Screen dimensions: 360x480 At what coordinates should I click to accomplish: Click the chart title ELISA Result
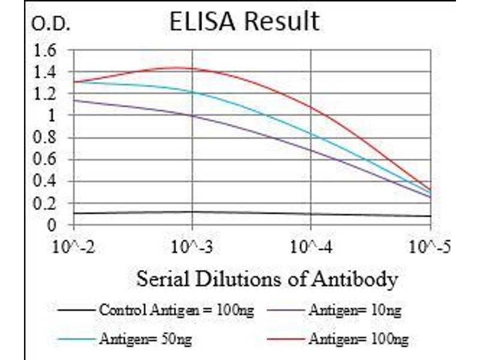(244, 22)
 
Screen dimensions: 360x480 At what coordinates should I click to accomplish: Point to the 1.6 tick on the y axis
(46, 50)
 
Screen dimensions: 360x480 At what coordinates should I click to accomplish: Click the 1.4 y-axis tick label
(46, 72)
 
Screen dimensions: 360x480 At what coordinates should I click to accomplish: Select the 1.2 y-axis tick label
(46, 94)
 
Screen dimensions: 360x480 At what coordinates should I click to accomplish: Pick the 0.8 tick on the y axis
(46, 137)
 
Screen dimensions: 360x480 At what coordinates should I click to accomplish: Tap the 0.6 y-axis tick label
(46, 160)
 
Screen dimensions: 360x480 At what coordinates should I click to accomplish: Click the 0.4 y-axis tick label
(46, 182)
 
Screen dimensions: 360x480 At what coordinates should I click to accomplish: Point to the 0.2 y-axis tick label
(46, 203)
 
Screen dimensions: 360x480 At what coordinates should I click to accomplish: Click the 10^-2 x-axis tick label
(74, 247)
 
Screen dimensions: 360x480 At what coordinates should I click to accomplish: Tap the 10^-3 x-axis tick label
(192, 247)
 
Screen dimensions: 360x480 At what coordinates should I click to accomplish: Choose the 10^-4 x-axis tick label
(311, 247)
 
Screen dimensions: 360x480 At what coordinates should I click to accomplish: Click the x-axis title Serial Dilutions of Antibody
(267, 279)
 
